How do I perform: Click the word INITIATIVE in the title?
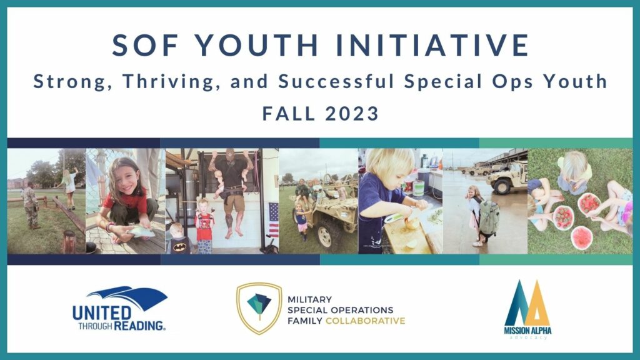pos(432,45)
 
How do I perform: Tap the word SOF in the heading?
pos(145,45)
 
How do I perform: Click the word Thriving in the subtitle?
pos(168,81)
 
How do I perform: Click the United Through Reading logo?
pos(119,309)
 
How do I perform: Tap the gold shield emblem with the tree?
pos(259,309)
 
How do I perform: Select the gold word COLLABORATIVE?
pos(365,321)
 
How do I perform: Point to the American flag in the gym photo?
pos(274,219)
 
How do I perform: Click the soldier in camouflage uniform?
pos(31,206)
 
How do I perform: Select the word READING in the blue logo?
pos(139,326)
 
